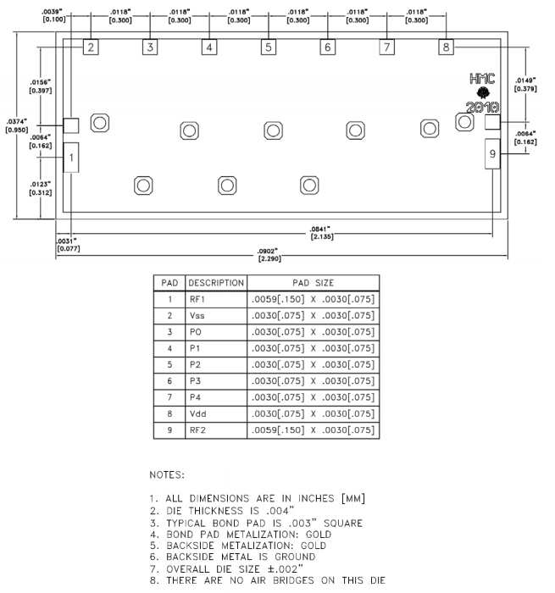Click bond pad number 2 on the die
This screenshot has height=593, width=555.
pyautogui.click(x=91, y=47)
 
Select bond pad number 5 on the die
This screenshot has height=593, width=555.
pyautogui.click(x=269, y=47)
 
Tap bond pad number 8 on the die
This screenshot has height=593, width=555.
pyautogui.click(x=446, y=47)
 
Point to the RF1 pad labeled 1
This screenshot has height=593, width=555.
pyautogui.click(x=71, y=158)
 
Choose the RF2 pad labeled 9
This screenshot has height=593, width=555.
pyautogui.click(x=492, y=153)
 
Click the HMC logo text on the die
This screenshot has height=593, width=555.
pyautogui.click(x=482, y=79)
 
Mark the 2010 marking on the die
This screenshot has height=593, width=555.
pyautogui.click(x=482, y=108)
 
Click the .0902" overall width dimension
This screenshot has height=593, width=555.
pyautogui.click(x=269, y=255)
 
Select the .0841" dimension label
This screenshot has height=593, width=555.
pyautogui.click(x=321, y=233)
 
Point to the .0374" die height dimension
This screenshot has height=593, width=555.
pyautogui.click(x=17, y=125)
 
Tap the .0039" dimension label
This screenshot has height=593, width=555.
pyautogui.click(x=53, y=15)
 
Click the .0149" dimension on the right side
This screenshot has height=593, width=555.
pyautogui.click(x=525, y=85)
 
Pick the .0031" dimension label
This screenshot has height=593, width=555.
pyautogui.click(x=68, y=245)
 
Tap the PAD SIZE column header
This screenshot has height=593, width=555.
pyautogui.click(x=313, y=283)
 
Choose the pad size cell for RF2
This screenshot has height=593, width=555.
pyautogui.click(x=313, y=430)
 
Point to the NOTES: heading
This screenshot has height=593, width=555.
pyautogui.click(x=167, y=475)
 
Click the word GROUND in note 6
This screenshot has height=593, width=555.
pyautogui.click(x=295, y=557)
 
